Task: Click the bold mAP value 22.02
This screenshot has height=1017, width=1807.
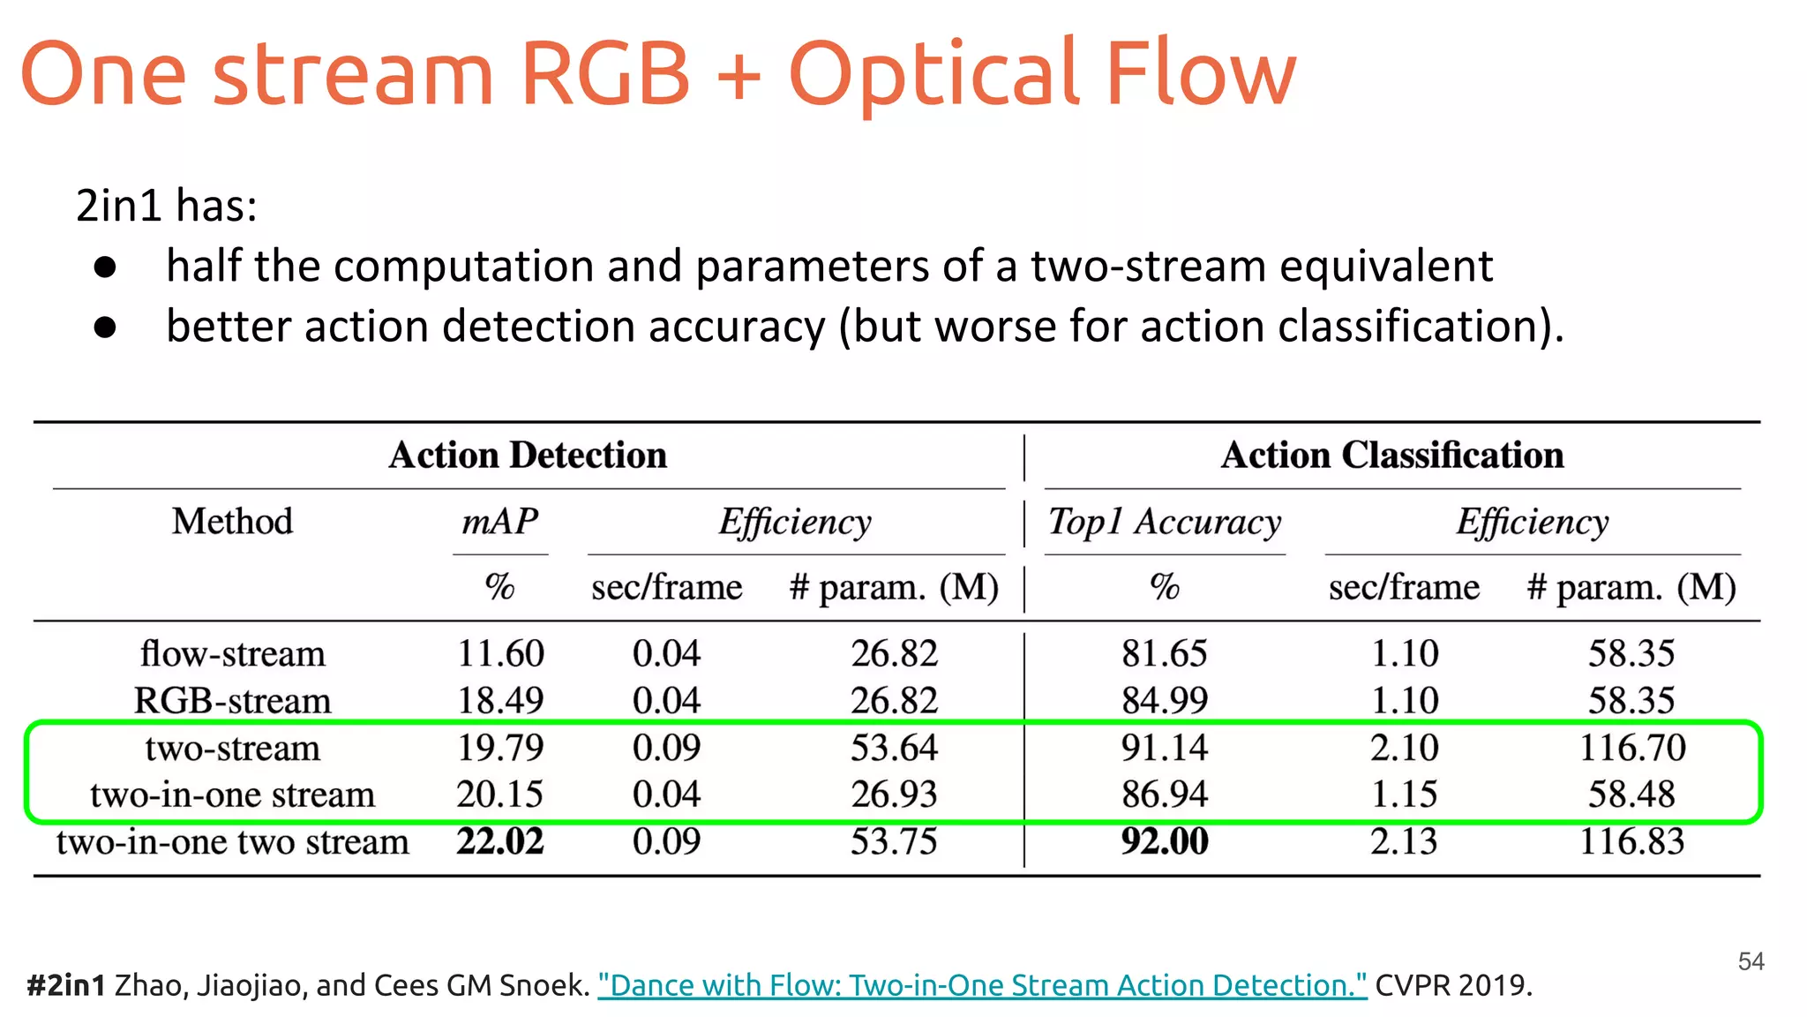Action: pos(499,841)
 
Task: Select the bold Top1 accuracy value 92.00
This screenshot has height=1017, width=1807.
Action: pos(1164,841)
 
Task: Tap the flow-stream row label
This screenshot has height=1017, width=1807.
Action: pos(232,654)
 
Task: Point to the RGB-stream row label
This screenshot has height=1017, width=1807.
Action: pos(232,701)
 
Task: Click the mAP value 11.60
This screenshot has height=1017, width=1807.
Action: pos(499,654)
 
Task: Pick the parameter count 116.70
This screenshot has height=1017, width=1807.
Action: pos(1631,748)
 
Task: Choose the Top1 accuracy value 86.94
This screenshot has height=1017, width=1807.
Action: pos(1164,795)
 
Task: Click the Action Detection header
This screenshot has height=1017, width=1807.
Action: pos(528,456)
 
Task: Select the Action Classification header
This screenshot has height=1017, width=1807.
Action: pos(1391,456)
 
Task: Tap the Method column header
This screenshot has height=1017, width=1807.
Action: pos(232,522)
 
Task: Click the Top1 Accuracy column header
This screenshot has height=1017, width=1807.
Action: pos(1164,522)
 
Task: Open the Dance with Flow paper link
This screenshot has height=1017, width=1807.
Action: pos(982,984)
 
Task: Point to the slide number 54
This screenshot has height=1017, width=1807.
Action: pos(1751,961)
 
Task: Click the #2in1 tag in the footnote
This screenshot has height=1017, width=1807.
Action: pos(66,984)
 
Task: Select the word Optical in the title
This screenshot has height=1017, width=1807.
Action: pos(935,75)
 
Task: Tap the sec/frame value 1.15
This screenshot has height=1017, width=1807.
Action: pos(1403,795)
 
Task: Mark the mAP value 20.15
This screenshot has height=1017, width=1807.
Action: pos(499,795)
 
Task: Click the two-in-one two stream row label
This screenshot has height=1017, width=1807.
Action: pos(232,841)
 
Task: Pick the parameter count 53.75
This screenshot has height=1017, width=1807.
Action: pos(893,841)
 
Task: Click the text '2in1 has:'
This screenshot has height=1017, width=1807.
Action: pos(167,206)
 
